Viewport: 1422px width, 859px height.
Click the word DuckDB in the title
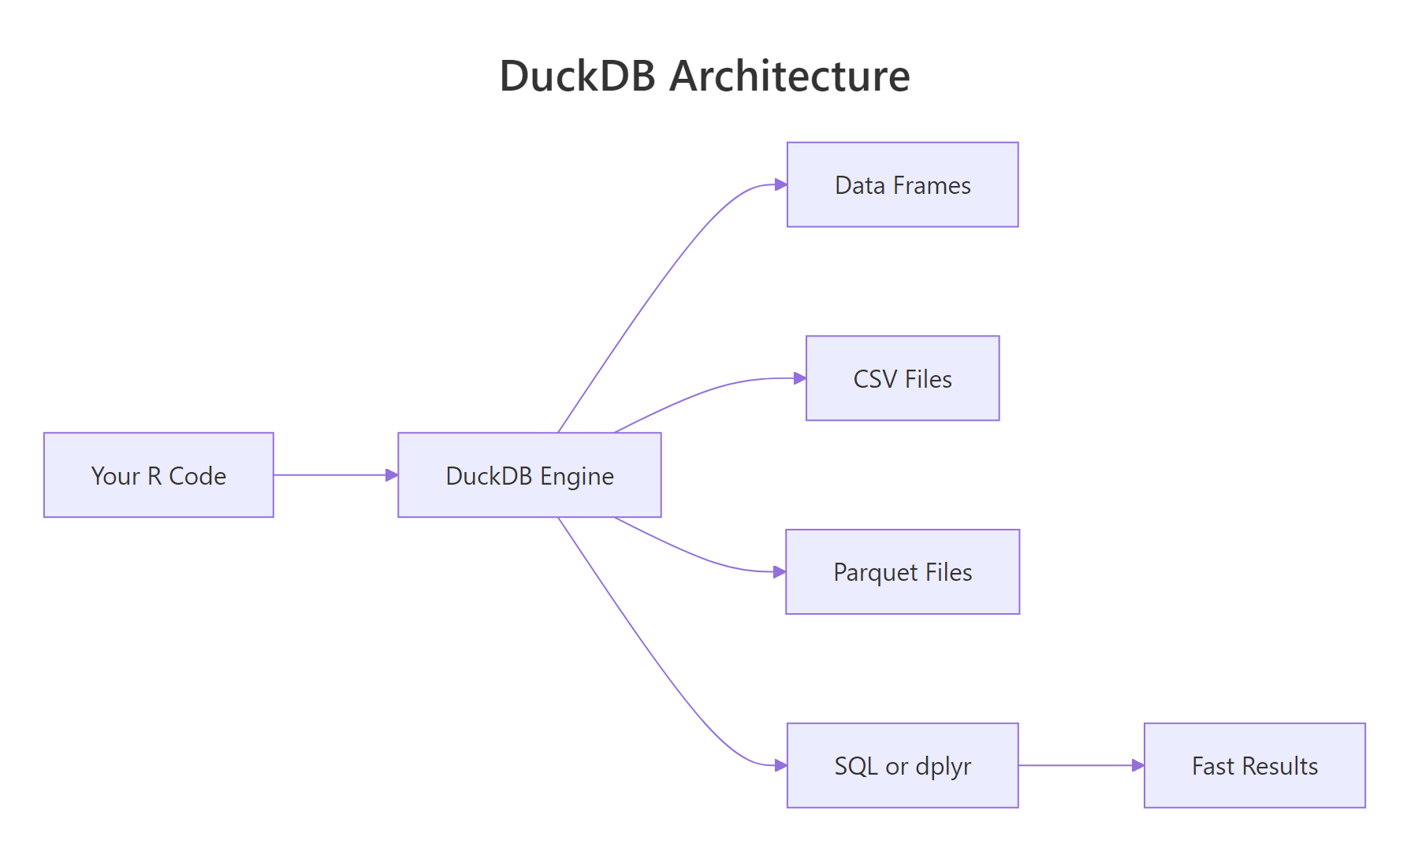577,76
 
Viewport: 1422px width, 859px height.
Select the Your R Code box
158,475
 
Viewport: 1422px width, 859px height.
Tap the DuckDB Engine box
529,475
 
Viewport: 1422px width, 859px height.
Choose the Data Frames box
903,185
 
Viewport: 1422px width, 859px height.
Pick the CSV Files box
903,379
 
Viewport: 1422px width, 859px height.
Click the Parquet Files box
903,572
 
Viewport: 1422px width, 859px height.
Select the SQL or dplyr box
903,766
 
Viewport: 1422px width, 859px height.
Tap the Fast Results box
1254,766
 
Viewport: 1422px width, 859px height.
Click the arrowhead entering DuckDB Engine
392,475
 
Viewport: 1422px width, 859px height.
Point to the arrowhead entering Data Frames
781,185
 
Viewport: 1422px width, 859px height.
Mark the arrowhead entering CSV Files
800,379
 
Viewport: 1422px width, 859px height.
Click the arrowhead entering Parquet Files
780,572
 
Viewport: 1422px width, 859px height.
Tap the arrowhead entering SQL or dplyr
781,766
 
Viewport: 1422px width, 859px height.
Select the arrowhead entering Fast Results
1138,766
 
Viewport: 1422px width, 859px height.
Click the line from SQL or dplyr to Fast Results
1076,766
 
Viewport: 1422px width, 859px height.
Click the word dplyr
943,767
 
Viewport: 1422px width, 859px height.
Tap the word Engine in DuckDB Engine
577,477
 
